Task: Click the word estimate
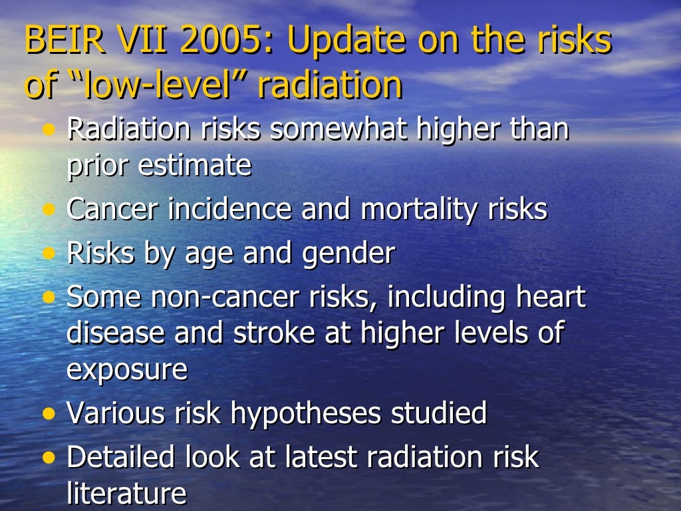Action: tap(195, 166)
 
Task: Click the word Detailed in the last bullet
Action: tap(124, 457)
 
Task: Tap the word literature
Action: tap(126, 494)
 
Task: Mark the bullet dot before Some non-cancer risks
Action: tap(49, 297)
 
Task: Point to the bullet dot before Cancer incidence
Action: tap(49, 210)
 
